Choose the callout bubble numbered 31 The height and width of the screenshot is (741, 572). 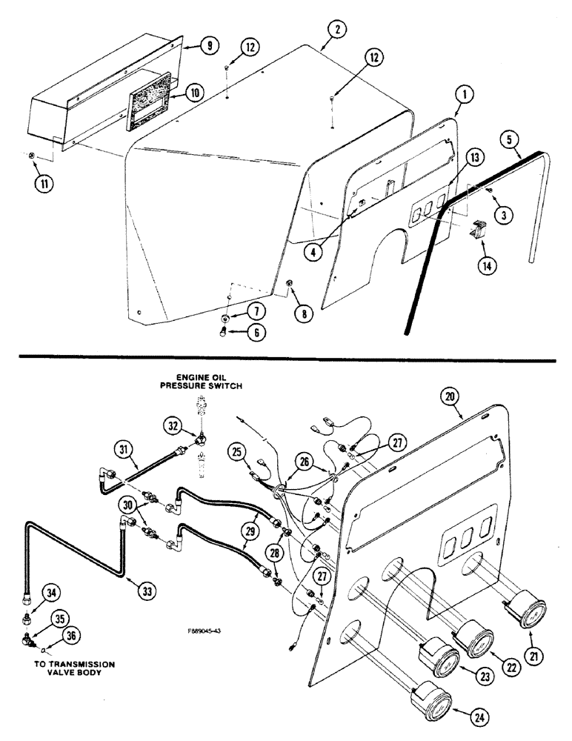[124, 448]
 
